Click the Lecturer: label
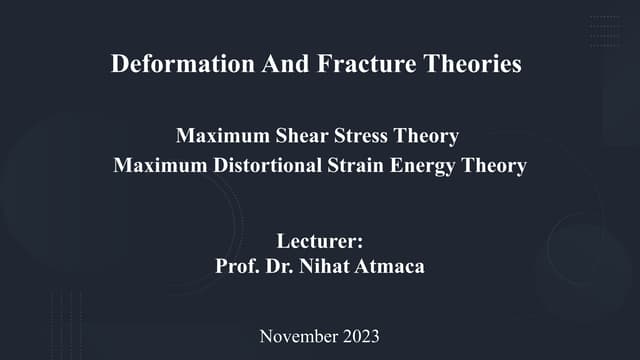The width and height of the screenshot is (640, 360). coord(319,241)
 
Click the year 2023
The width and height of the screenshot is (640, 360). coord(359,336)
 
